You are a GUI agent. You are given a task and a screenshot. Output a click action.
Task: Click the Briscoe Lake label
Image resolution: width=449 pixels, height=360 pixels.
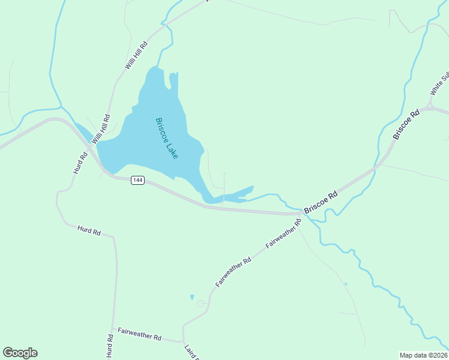coord(167,138)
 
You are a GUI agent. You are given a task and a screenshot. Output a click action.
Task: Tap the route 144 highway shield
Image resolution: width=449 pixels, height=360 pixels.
coord(138,181)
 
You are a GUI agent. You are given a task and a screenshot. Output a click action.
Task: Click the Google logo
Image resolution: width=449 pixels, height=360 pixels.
coord(20,353)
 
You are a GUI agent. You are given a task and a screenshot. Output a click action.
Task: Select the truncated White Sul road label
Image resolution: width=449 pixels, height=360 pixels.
coord(439,84)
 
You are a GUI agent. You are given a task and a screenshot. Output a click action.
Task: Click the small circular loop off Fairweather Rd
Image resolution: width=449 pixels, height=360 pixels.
coord(200,304)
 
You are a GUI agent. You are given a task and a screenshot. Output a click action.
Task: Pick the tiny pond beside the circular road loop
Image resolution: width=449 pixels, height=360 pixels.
coord(192,296)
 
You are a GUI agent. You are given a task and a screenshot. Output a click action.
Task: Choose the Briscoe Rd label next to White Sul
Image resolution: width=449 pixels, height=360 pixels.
coord(406,125)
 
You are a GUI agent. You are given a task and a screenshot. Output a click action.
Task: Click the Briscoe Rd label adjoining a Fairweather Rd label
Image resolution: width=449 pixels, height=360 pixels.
coord(321,202)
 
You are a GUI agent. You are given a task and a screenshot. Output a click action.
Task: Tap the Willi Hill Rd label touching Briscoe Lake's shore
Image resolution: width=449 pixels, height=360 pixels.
coord(100,130)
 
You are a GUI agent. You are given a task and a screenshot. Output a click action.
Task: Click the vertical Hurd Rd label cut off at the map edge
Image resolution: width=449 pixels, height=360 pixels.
coord(110,346)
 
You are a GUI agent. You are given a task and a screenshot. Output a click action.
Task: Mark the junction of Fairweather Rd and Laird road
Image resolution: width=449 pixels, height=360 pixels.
coord(183,341)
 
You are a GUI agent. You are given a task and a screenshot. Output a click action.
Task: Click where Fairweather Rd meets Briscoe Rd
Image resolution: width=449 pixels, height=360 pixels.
coord(302,213)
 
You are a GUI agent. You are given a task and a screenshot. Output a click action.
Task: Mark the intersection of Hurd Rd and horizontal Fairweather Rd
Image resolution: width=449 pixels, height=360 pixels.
coord(112,329)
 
